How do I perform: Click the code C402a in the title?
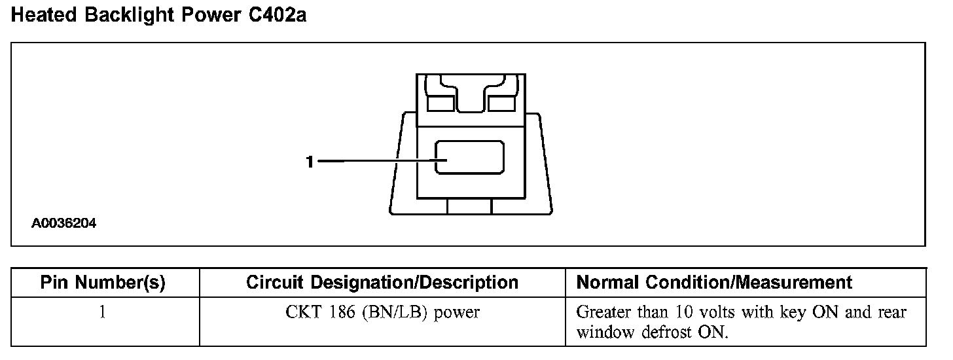[278, 16]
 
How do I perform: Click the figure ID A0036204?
[64, 224]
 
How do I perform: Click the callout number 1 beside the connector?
[310, 162]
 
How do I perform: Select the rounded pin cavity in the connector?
[470, 157]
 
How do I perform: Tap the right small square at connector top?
[502, 103]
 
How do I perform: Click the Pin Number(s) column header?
[103, 283]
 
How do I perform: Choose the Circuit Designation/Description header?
[382, 283]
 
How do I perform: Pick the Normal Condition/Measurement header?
[714, 283]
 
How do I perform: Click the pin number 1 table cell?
[102, 313]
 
